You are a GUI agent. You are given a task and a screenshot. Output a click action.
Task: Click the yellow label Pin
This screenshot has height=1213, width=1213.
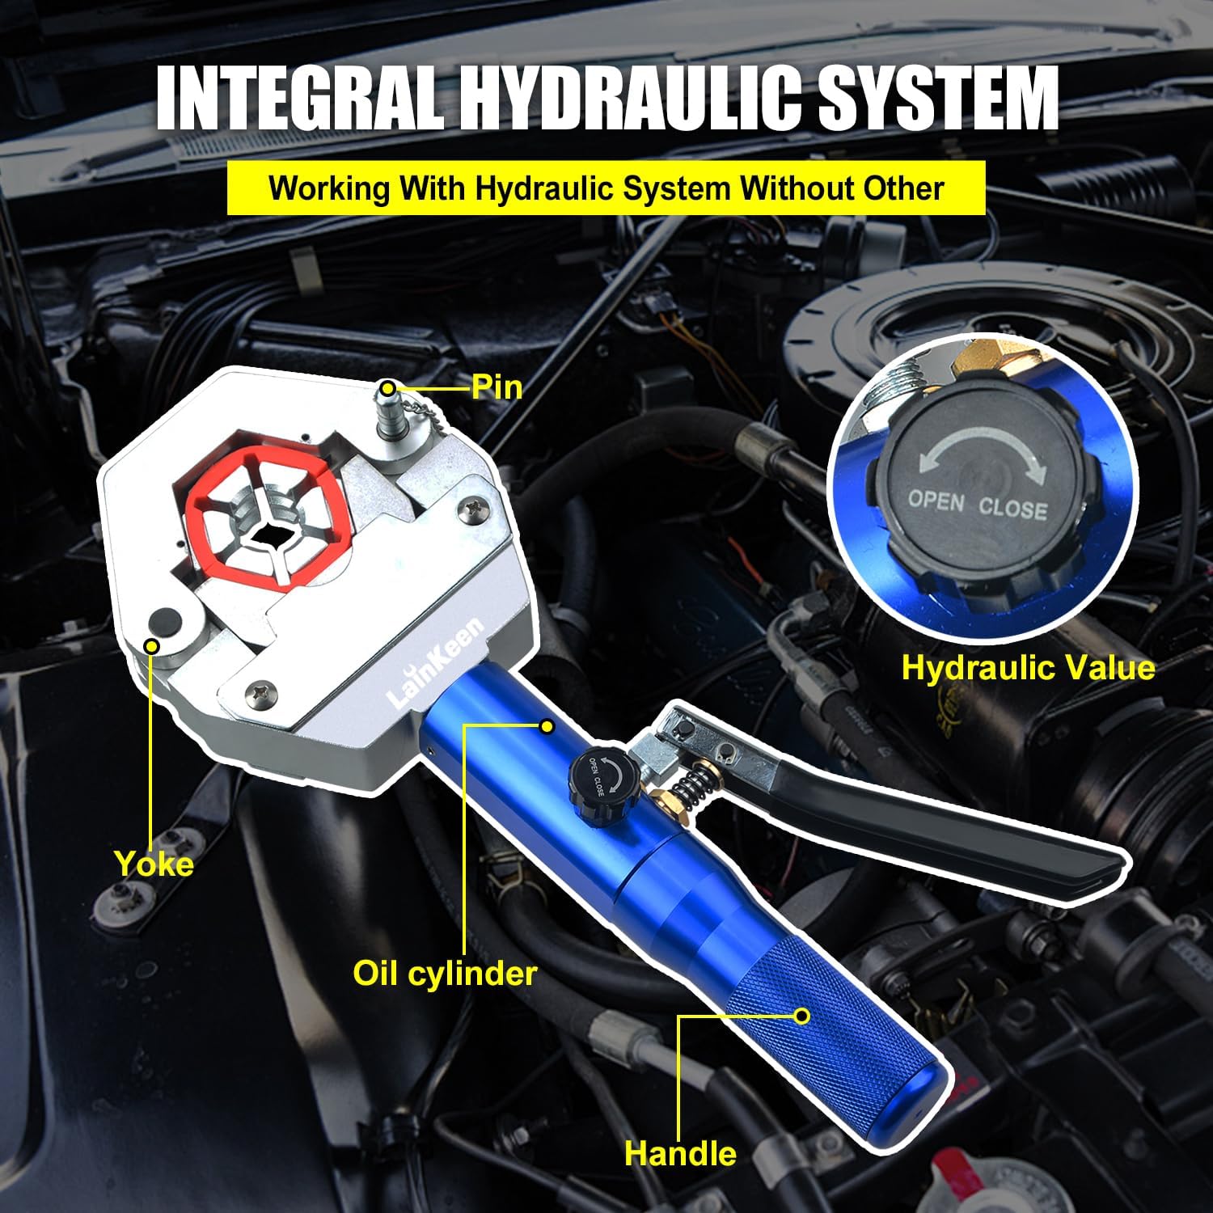point(497,387)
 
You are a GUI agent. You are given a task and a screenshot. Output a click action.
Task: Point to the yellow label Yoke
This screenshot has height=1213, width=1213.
point(154,864)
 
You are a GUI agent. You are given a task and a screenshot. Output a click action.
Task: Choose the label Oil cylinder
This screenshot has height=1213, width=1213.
point(445,973)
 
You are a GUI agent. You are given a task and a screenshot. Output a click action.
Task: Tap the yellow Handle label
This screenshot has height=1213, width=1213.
point(680,1153)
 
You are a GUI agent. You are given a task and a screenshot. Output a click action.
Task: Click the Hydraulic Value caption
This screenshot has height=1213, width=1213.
point(1028,668)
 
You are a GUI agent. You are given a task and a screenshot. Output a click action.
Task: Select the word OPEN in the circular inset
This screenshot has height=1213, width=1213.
point(936,501)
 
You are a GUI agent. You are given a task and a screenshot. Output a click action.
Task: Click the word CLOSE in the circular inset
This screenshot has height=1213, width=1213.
point(1012,509)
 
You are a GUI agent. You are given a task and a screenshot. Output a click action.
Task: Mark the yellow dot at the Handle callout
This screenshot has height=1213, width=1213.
point(801,1016)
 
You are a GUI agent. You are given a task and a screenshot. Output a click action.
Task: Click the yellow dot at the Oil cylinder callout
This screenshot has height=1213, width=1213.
point(547,726)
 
